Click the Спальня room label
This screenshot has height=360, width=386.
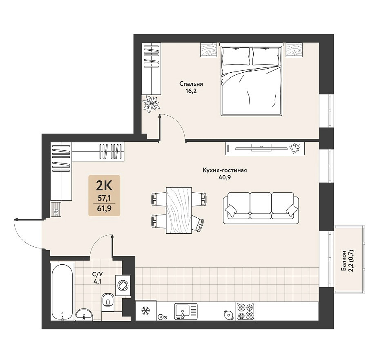pos(191,84)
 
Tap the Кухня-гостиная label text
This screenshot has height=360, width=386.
pos(225,170)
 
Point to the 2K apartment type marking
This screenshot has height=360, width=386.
pos(104,186)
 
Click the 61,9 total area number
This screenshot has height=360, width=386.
pos(105,208)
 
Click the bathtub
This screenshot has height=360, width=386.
pos(62,292)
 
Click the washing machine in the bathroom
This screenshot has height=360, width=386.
pos(123,286)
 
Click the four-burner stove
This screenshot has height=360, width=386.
pos(245,311)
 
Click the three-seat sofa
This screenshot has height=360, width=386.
pos(261,208)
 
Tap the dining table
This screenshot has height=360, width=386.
pos(179,210)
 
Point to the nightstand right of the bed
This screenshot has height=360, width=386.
pos(294,50)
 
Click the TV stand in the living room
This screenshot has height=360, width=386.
pos(265,148)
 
